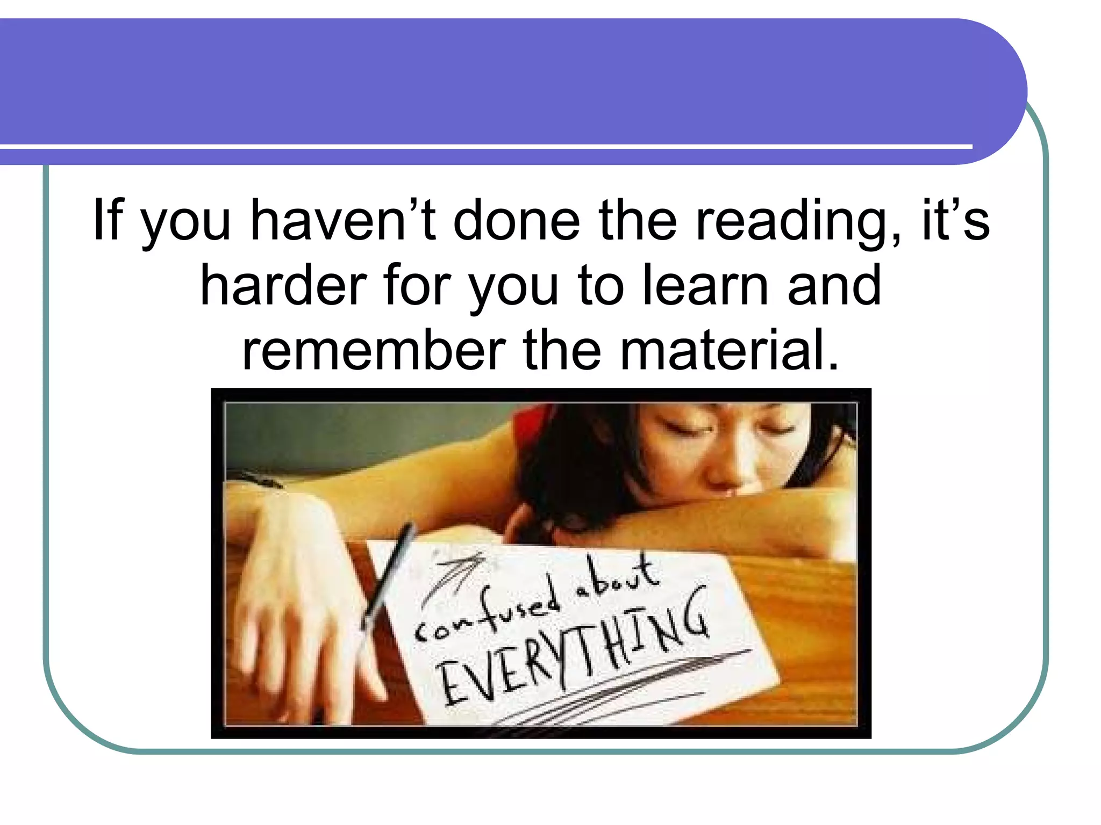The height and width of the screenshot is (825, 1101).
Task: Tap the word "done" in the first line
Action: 517,220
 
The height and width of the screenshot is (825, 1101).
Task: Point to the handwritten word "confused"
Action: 487,612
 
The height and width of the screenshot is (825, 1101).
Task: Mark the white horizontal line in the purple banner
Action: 484,146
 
